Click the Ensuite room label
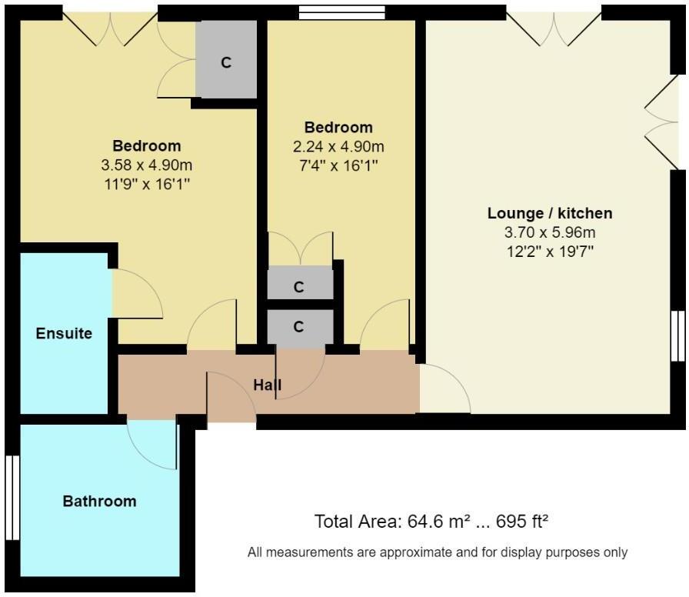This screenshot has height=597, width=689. pos(64,333)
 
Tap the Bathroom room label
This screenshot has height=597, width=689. pos(99,501)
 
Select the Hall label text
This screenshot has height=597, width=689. pos(268,384)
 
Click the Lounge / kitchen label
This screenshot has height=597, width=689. pos(549,213)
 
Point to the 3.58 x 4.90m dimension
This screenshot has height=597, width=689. pos(146,165)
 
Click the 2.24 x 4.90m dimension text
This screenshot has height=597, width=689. pos(338,146)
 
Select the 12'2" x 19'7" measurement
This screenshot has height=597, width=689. pos(549,250)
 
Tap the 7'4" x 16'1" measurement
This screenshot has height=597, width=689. pos(338,165)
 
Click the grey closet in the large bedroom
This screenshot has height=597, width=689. pos(226,62)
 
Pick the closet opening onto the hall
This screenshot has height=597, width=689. pos(299,326)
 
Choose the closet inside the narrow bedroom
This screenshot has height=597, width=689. pos(299,287)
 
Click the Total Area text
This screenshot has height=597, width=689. pos(431,522)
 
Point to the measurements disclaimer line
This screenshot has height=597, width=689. pos(438,552)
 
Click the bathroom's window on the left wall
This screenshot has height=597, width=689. pos(11,498)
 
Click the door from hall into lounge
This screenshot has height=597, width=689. pos(444,389)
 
